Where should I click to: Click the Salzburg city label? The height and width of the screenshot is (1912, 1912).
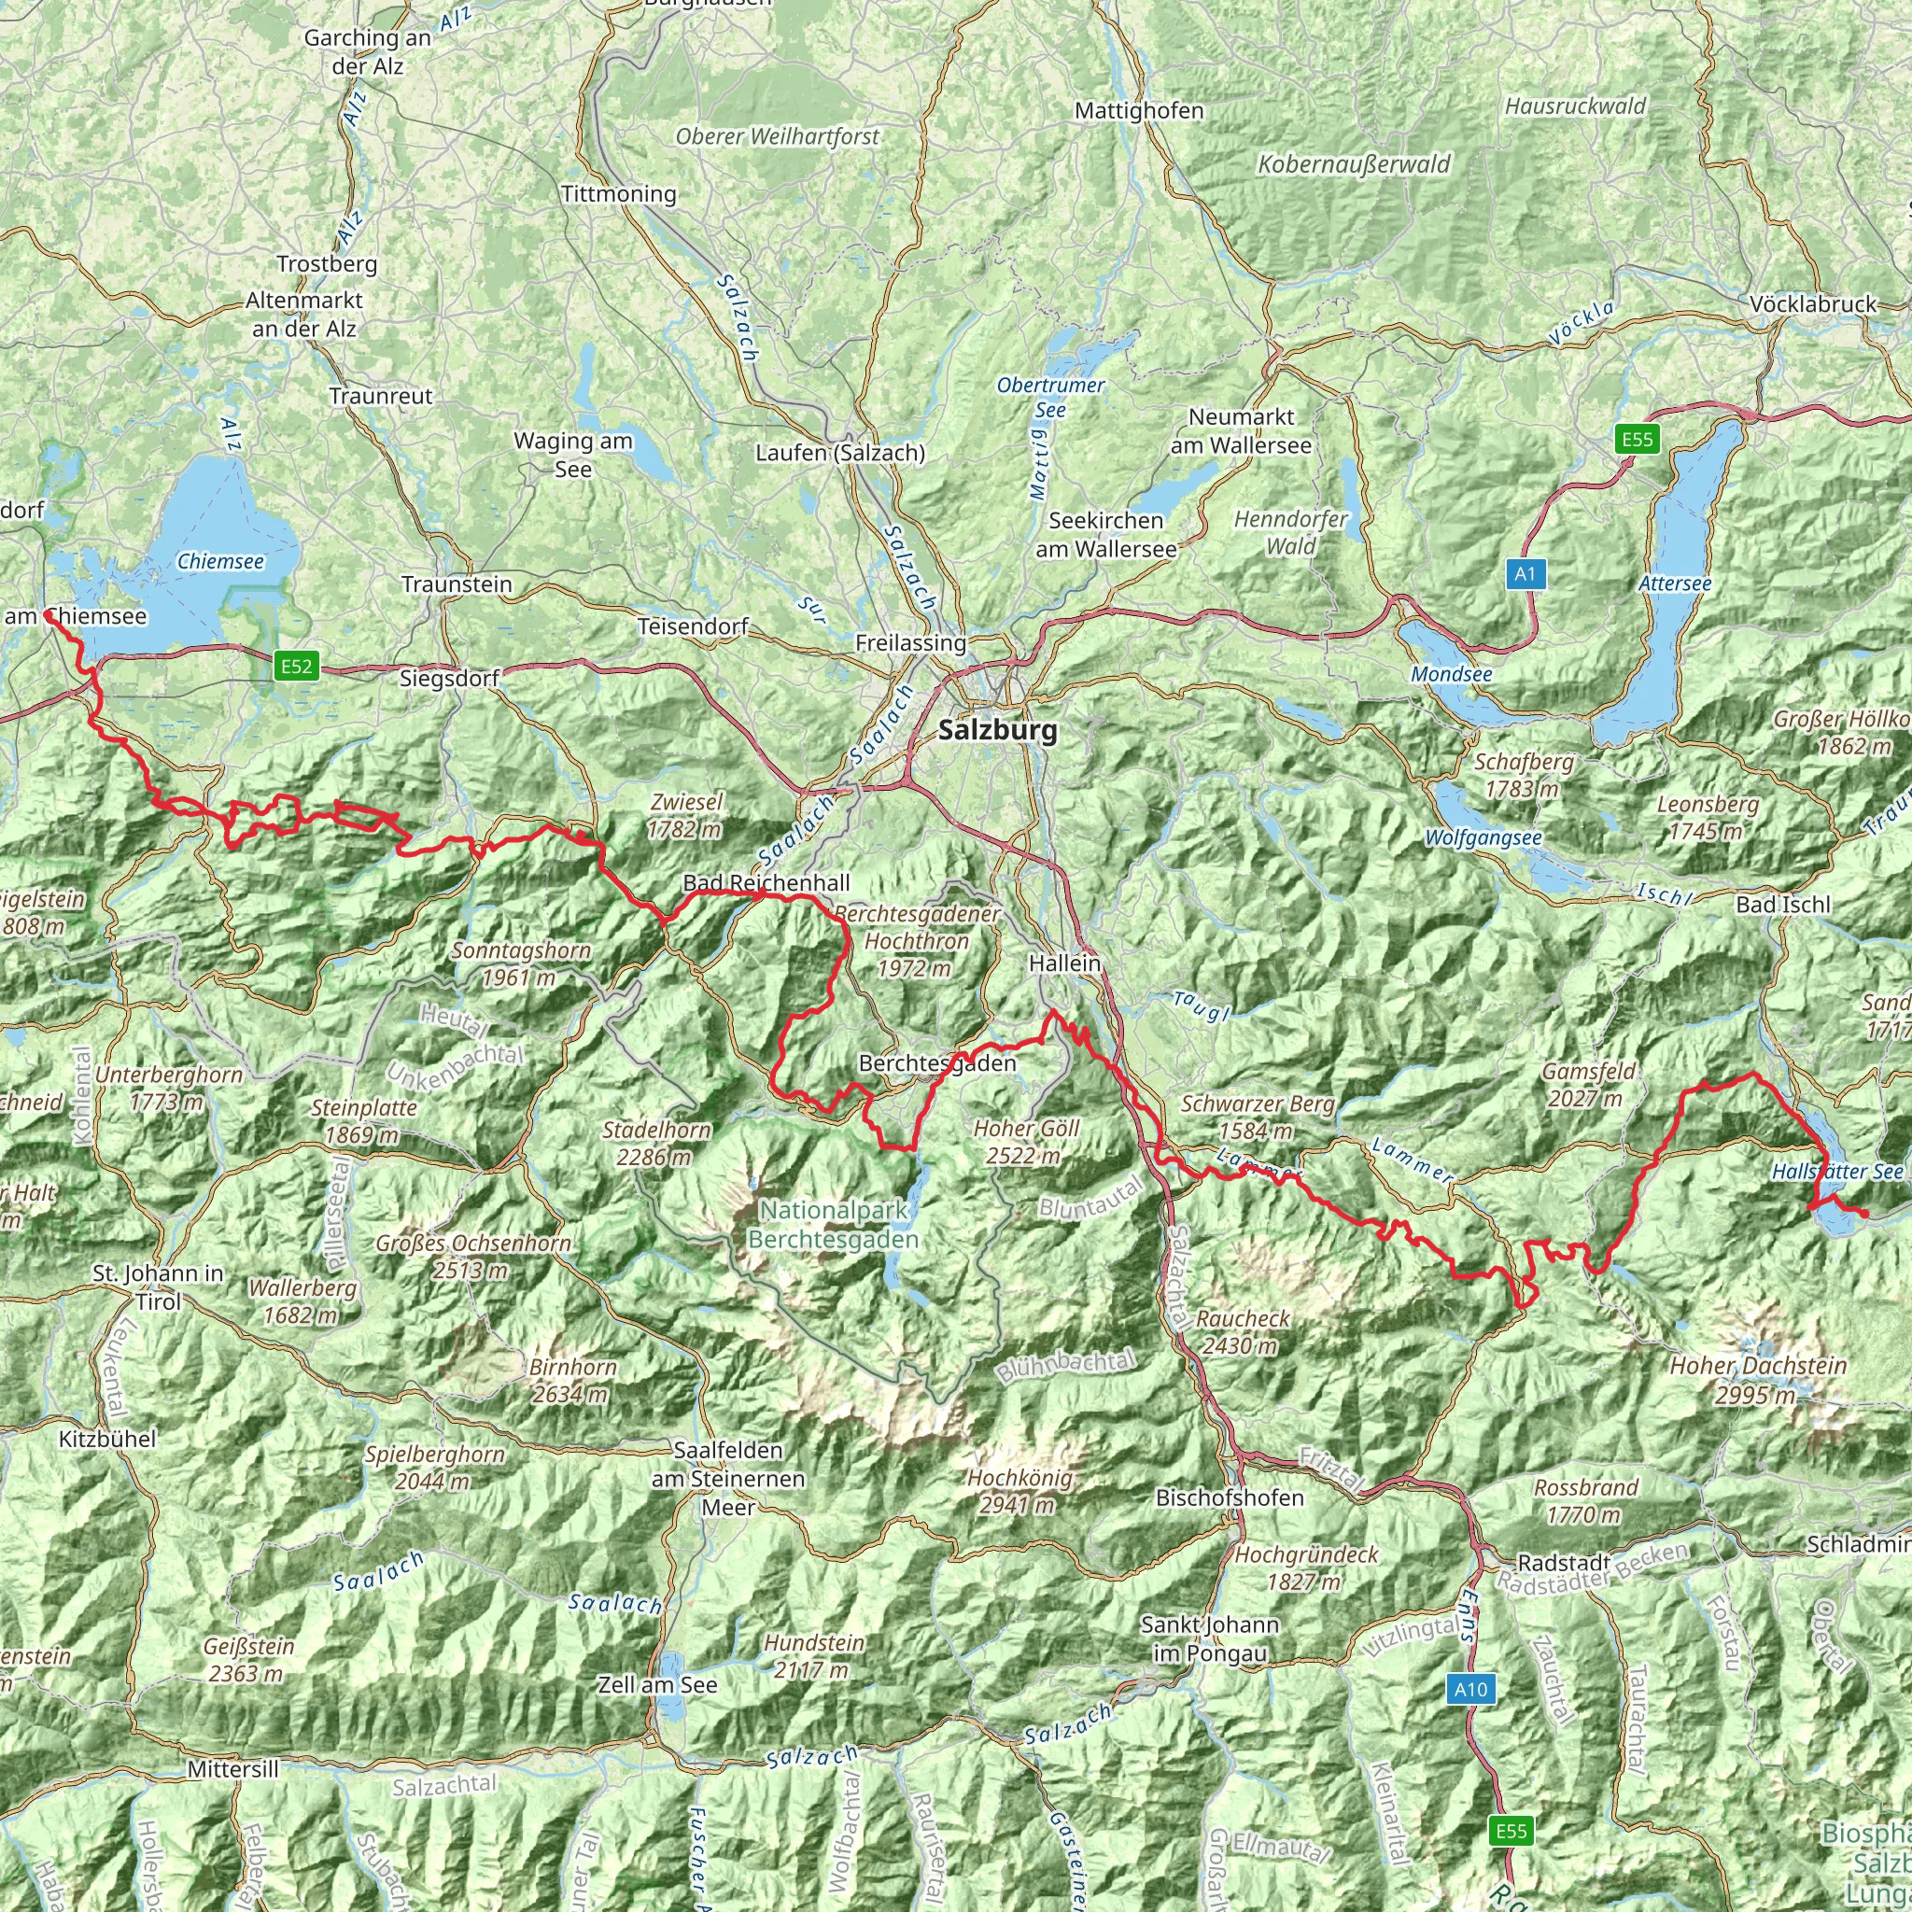click(998, 730)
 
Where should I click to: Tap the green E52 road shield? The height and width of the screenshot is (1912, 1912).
click(296, 666)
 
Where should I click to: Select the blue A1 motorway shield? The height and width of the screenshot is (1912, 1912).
click(1525, 573)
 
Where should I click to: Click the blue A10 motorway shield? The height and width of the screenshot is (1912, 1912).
click(1470, 1688)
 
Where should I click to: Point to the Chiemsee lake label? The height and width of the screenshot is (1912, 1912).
click(220, 561)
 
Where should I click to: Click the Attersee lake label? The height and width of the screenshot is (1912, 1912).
click(1675, 583)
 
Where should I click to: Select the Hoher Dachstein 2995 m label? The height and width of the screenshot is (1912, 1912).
click(1759, 1380)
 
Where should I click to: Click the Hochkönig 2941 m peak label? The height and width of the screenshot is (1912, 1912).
click(1019, 1491)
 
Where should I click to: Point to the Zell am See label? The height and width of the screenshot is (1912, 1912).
click(658, 1684)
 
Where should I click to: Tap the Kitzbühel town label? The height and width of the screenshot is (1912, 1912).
click(108, 1439)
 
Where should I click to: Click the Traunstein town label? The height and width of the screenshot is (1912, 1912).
click(457, 583)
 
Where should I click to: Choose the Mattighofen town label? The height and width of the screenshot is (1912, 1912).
click(1139, 111)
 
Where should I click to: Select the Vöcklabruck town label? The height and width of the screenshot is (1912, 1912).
click(1813, 303)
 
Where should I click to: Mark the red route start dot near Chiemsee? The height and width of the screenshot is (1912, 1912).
click(49, 615)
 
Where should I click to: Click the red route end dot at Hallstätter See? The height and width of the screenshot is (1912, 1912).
click(1863, 1214)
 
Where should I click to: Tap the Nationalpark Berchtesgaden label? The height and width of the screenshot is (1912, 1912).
click(834, 1224)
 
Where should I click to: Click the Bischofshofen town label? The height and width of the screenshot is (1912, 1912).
click(1230, 1497)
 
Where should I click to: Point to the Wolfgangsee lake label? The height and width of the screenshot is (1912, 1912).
click(1483, 838)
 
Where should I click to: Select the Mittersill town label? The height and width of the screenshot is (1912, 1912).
click(233, 1768)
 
